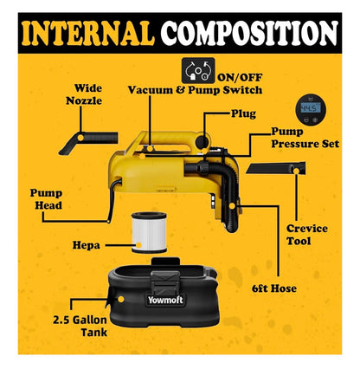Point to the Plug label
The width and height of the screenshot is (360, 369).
pos(243,113)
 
